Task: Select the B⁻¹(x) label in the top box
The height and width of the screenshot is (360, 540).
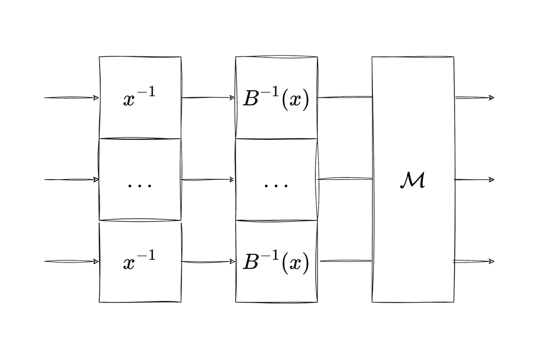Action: tap(276, 99)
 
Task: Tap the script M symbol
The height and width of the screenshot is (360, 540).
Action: tap(412, 180)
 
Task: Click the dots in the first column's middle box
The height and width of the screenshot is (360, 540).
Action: tap(139, 186)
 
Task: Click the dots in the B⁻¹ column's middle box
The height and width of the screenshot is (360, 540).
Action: tap(276, 186)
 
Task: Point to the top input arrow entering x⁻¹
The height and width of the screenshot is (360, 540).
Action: tap(72, 98)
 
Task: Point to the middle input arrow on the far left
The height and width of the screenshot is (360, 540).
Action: tap(72, 179)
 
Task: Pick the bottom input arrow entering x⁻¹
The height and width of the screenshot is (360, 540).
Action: tap(72, 261)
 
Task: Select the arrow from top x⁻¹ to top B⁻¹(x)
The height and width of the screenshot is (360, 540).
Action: tap(208, 98)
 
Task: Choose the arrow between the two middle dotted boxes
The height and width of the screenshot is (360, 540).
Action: tap(208, 179)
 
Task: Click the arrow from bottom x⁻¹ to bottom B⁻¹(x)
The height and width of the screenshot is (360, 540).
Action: tap(208, 261)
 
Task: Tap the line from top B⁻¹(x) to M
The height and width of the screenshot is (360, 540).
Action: tap(345, 97)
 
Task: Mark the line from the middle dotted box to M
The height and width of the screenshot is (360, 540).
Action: tap(345, 179)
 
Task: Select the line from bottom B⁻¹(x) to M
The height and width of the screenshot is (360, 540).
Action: tap(346, 261)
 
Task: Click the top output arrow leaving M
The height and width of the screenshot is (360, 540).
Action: tap(475, 98)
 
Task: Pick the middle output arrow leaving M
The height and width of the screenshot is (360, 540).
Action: tap(474, 179)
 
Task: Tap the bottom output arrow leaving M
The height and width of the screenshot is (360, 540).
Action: tap(474, 261)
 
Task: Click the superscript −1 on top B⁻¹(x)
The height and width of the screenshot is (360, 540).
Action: tap(269, 92)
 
